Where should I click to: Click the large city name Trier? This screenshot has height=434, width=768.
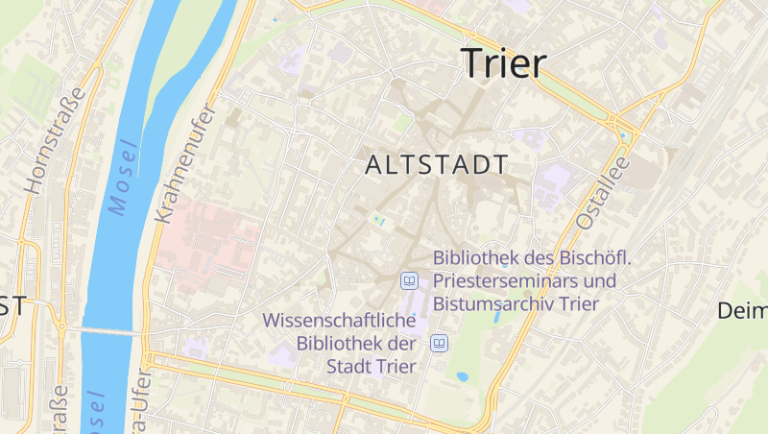coord(504,62)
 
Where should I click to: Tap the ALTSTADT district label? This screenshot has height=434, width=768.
coord(437,165)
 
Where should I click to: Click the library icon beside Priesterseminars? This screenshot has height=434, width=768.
coord(410,280)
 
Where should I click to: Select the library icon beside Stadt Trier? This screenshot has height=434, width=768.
coord(440,343)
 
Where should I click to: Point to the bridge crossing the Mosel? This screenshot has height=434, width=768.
coord(101,331)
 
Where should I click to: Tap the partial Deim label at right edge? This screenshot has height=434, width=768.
coord(743,311)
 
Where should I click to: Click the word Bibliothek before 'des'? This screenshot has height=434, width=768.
coord(478,258)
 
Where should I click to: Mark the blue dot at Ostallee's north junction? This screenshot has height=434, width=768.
coord(622,135)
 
